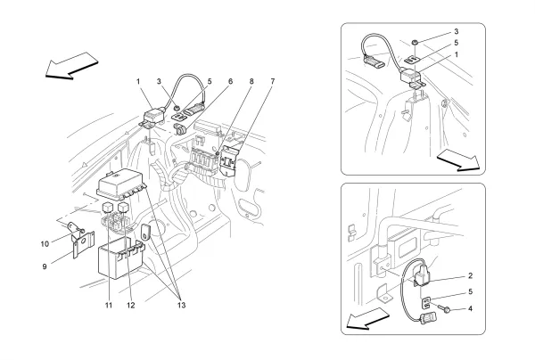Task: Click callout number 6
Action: point(229,82)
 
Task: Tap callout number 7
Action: point(272,82)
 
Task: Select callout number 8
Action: point(251,82)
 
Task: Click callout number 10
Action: point(43,242)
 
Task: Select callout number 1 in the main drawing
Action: point(138,82)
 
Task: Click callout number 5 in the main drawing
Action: point(209,82)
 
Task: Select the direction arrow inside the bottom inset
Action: point(367,318)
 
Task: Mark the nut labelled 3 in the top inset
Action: point(417,41)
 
